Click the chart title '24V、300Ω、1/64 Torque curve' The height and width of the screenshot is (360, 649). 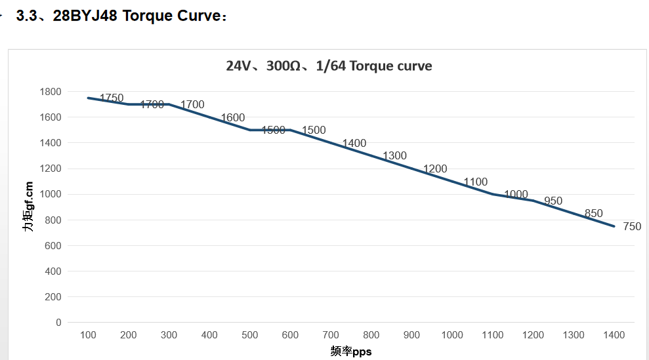(x=329, y=66)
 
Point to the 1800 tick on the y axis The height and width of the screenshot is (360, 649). (x=50, y=92)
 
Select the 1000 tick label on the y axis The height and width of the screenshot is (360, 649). (x=50, y=194)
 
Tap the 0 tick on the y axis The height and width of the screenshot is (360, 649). (x=58, y=323)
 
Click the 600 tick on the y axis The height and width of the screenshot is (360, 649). (x=52, y=245)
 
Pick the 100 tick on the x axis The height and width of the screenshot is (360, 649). (x=88, y=335)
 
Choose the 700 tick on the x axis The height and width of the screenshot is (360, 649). (x=331, y=335)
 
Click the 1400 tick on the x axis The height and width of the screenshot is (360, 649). (x=614, y=335)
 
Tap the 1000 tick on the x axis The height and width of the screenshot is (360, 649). (x=452, y=335)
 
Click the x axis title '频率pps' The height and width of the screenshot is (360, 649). (x=351, y=351)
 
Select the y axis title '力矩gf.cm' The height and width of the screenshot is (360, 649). (x=28, y=207)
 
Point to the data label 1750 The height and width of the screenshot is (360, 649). (x=112, y=98)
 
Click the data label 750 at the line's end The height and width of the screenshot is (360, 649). (x=632, y=227)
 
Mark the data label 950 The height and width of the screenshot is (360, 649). (x=553, y=201)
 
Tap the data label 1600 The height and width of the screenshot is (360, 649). (x=233, y=118)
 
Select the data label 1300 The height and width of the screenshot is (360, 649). (x=395, y=156)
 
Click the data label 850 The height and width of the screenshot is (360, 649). (x=593, y=214)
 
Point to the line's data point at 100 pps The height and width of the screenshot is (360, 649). (x=88, y=98)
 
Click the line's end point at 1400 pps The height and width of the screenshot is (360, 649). (x=614, y=226)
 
